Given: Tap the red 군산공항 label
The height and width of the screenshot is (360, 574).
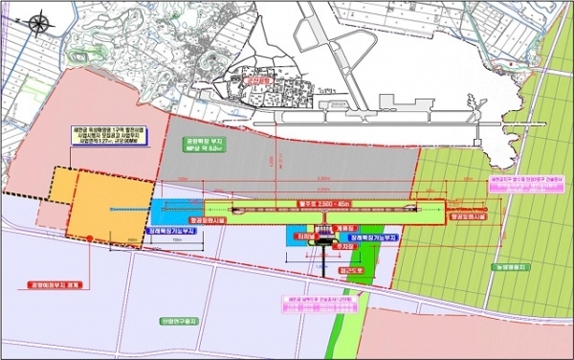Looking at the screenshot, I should point(255,83).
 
